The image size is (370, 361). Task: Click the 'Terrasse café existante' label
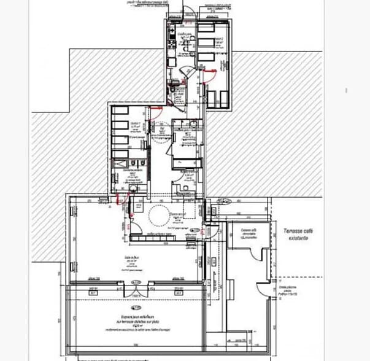tap(296, 234)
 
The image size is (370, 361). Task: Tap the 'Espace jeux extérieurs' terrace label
tap(137, 320)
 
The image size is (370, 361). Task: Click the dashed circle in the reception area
tap(158, 215)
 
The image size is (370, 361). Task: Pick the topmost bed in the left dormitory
tap(120, 112)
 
